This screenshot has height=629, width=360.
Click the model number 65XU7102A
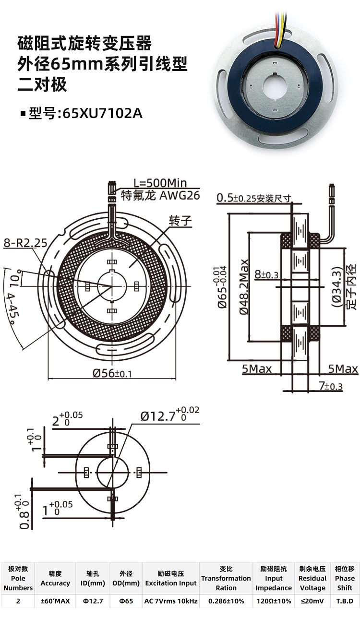pos(103,113)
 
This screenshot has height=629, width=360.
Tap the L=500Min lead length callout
pos(160,183)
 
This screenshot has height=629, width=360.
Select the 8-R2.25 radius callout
pos(25,243)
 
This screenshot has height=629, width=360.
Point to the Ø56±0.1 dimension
pos(112,373)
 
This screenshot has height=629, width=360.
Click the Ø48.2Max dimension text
pos(244,287)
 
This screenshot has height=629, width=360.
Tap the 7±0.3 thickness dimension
pos(331,386)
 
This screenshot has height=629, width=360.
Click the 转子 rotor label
pos(180,220)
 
